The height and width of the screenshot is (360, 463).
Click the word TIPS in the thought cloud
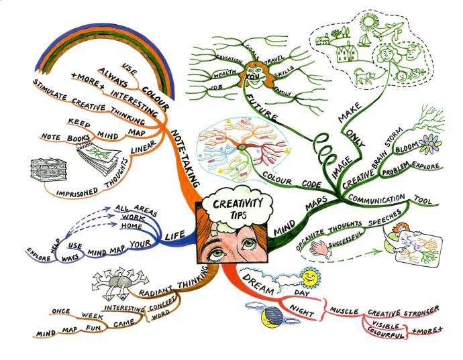tap(232, 216)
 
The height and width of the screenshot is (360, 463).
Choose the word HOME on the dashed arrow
tap(131, 225)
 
